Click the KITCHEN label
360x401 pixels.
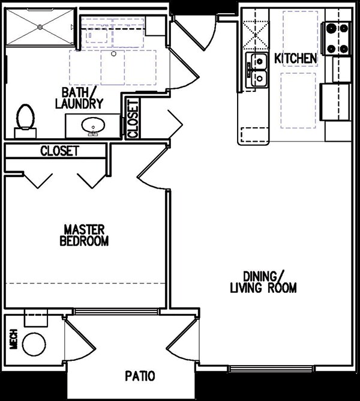[x=295, y=58]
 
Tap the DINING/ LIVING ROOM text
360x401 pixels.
[x=263, y=282]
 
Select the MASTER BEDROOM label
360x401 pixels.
[x=85, y=235]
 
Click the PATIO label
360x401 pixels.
[x=140, y=376]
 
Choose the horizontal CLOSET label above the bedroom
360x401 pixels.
[x=59, y=151]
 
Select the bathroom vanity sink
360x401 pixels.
[x=92, y=127]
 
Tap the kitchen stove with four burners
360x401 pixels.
[x=337, y=38]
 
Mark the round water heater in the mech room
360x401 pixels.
[x=33, y=344]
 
